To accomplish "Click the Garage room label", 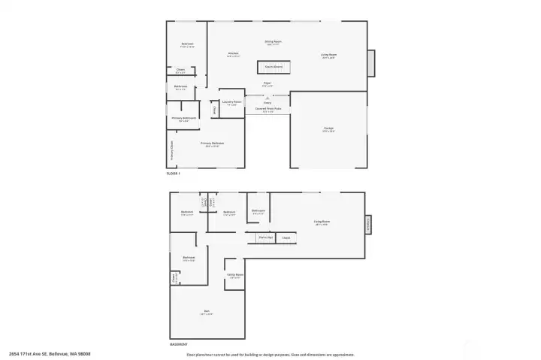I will [x=328, y=129].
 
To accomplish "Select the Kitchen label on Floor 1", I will [x=234, y=53].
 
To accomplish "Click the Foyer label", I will [x=267, y=83].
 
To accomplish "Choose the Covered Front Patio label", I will [x=267, y=109].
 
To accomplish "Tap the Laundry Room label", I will [x=231, y=102].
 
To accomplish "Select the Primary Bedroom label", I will [x=212, y=143].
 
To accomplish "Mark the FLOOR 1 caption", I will [x=174, y=174].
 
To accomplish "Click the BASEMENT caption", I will [x=178, y=344].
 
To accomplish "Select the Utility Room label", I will [x=235, y=275].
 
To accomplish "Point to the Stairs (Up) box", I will [x=265, y=237].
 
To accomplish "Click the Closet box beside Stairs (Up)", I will [x=286, y=237].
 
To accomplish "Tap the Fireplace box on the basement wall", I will [x=367, y=224].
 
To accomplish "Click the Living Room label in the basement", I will [x=322, y=222].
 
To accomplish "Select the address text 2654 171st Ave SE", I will [x=38, y=354].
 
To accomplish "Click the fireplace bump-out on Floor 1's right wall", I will [x=371, y=63].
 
